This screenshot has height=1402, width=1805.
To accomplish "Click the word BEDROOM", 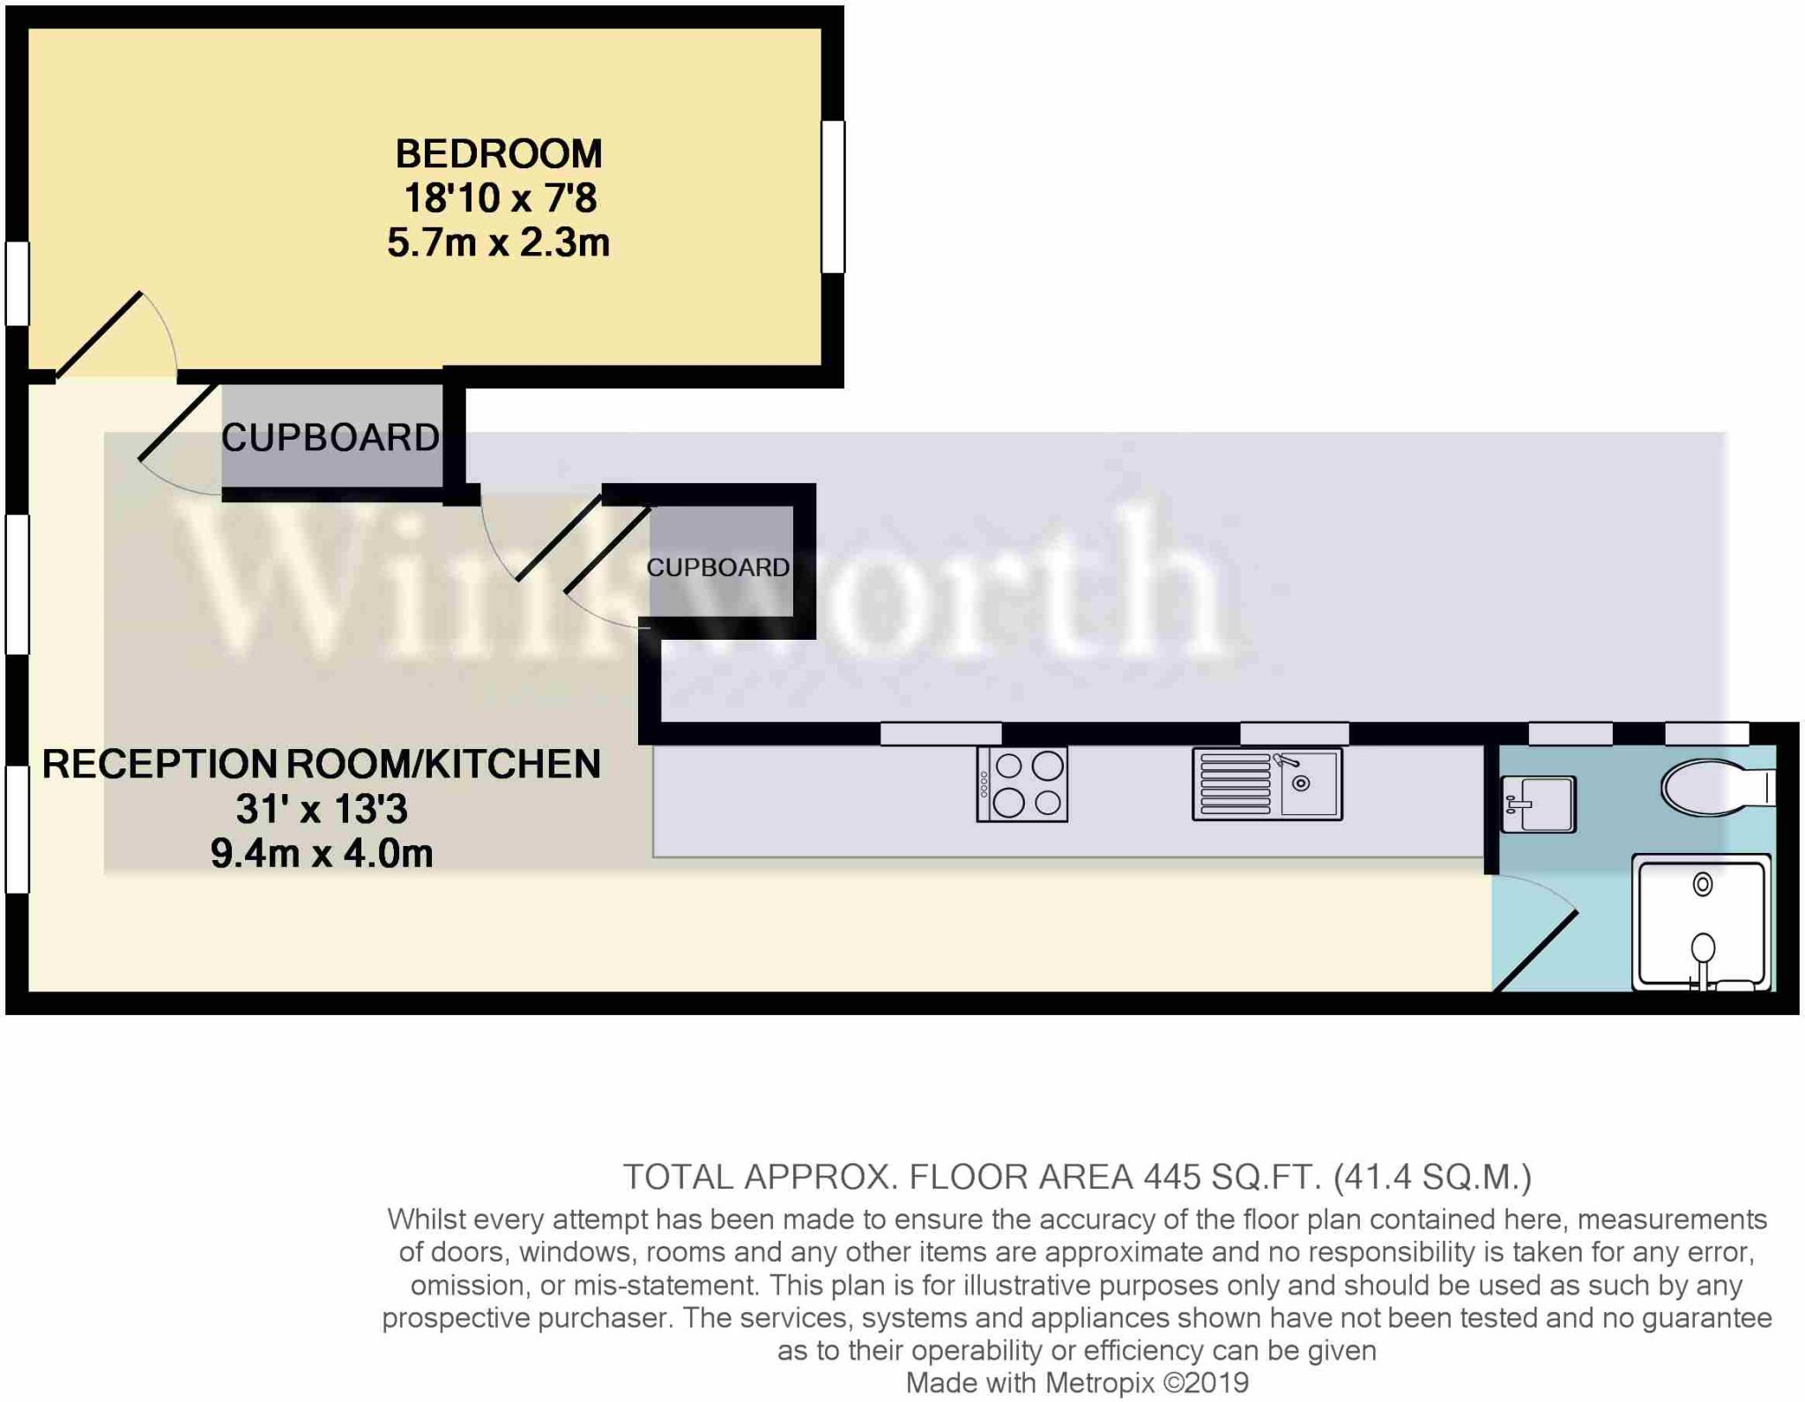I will coord(498,154).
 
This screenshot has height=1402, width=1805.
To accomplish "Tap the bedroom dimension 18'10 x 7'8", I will coord(500,198).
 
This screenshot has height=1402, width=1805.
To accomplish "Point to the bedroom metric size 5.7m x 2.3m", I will coord(498,242).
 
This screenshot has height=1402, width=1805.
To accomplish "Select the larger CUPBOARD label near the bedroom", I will coord(331,438).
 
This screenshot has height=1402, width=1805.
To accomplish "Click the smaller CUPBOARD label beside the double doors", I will coord(717,567).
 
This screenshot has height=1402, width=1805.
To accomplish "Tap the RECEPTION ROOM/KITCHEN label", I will coord(322,764).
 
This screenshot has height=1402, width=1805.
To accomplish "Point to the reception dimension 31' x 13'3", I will coord(322,809).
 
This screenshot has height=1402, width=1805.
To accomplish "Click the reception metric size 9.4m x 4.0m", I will coord(322,854).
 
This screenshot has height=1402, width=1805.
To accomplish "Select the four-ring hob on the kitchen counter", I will coord(1021,784).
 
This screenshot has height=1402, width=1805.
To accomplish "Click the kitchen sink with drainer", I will coord(1266,784).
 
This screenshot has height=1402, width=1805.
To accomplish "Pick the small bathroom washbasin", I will coord(1538,804).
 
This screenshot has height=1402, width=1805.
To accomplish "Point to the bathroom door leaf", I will coord(1535,952).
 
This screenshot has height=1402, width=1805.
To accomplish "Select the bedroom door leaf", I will coord(99,335).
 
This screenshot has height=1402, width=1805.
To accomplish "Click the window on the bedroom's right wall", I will coord(833,197).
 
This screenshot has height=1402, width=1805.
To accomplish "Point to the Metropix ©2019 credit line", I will coord(1077,1383).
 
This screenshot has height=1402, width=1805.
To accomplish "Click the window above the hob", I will coord(940,733).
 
